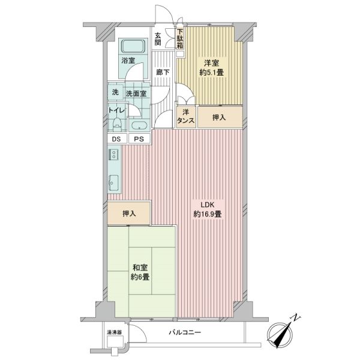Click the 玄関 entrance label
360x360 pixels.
coord(157,39)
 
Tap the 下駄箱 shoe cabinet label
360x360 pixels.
coord(180,38)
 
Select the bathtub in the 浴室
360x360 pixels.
coord(133,46)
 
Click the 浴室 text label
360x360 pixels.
coord(128,61)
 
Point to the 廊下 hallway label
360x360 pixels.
coord(163,73)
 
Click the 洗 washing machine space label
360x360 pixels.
coord(115,92)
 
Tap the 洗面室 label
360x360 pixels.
coord(136,94)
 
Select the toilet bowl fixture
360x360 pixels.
coord(117,124)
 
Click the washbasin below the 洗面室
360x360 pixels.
coord(139,126)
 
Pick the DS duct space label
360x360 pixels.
coord(116,139)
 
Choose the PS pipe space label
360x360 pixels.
coord(139,139)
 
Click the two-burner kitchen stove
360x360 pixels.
coord(113,154)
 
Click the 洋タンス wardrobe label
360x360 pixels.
coord(186,116)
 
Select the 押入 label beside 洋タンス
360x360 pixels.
coord(219,118)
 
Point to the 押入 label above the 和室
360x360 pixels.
coord(129,214)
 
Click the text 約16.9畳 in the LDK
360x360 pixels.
coord(208,214)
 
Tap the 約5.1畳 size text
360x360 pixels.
coord(211,73)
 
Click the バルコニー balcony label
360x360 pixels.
coord(185,332)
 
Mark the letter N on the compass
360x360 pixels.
coord(296,317)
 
